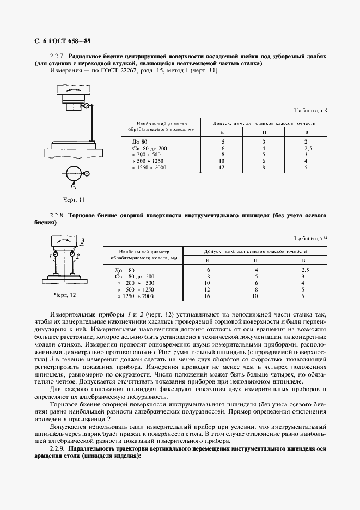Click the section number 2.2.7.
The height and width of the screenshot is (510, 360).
click(x=57, y=57)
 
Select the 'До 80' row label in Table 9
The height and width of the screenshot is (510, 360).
click(x=124, y=270)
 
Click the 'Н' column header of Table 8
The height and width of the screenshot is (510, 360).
click(x=222, y=132)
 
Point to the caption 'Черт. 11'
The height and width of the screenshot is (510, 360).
click(x=74, y=200)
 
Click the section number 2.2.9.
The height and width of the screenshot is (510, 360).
click(x=57, y=447)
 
